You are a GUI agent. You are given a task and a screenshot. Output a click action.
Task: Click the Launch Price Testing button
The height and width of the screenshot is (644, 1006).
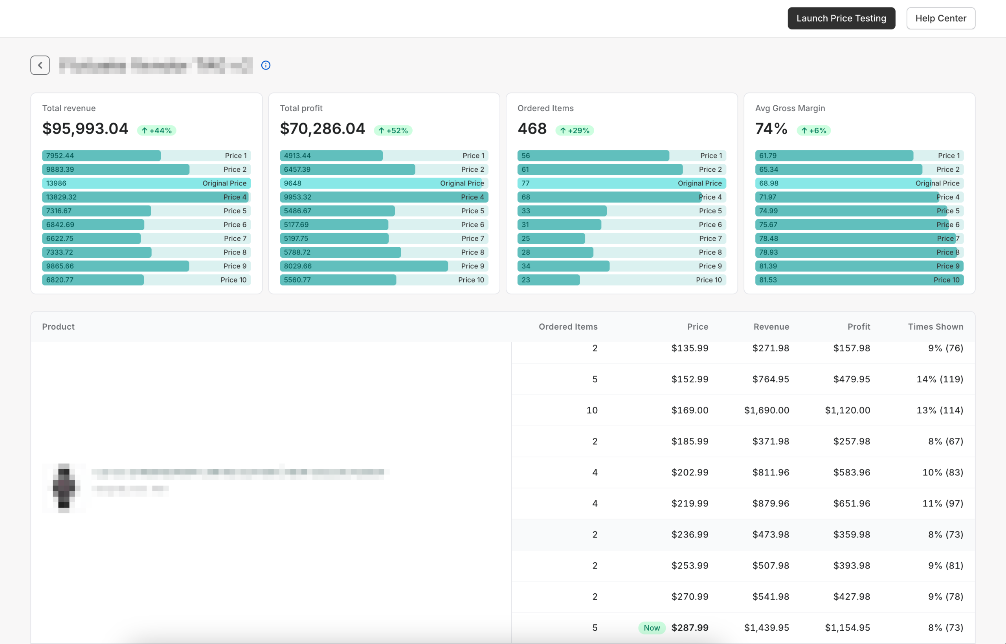coord(841,18)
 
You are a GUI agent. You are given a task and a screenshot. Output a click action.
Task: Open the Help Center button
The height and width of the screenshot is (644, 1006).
coord(940,18)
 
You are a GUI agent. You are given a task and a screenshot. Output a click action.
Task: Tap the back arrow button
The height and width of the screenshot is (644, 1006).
coord(40,65)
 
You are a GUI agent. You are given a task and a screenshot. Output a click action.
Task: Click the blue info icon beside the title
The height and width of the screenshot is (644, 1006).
coord(266,65)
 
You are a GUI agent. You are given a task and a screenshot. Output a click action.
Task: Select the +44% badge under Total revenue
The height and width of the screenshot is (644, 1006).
coord(157,130)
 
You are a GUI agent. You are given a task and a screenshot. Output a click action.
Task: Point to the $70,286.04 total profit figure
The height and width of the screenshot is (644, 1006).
coord(322,129)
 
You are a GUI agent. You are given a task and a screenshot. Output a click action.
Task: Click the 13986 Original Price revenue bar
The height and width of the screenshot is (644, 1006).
coord(146,183)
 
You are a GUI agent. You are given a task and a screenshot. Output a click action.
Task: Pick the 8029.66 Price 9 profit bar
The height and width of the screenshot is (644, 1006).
coord(364,266)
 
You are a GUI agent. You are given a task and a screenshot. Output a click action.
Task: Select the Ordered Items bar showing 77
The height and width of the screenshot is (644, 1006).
coord(621,183)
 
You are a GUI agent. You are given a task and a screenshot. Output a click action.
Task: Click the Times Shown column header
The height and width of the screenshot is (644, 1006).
coord(935,327)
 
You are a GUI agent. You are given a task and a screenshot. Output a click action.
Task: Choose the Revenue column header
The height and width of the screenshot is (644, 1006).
coord(771,327)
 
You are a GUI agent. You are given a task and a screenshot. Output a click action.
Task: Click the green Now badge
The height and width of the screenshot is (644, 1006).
coord(652,627)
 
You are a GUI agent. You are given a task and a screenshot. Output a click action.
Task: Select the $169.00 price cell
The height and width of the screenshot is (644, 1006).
coord(690,410)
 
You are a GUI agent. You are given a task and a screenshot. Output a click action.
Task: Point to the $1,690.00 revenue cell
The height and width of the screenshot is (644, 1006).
coord(766,410)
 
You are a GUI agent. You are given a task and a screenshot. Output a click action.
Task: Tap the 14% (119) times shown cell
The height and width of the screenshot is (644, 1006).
coord(940,379)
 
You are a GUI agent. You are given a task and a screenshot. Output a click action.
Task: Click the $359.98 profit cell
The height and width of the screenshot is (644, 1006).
coord(851,534)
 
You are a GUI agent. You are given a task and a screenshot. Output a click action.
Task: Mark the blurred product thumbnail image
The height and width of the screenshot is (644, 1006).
coord(64,488)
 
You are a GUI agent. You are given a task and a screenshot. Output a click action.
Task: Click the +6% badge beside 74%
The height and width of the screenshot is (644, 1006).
coord(814,130)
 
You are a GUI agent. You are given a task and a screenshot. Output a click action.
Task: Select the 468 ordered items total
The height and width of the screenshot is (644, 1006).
coord(532,129)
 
